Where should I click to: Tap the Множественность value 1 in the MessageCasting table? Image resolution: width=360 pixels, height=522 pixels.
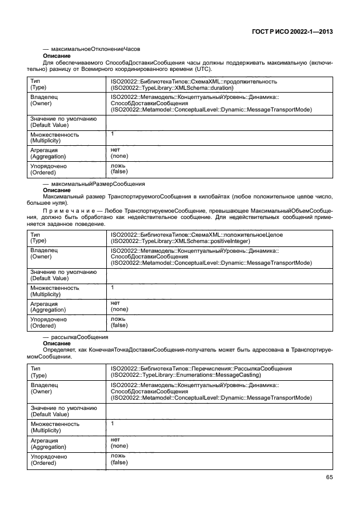(113, 424)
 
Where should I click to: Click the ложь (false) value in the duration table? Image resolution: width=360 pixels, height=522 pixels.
(119, 169)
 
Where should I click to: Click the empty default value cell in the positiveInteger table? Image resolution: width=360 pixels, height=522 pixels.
(220, 275)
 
